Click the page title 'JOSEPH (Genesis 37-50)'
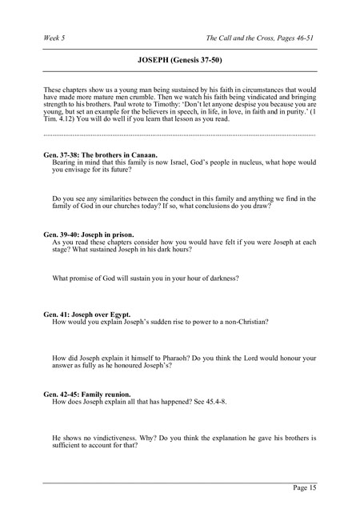180,59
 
